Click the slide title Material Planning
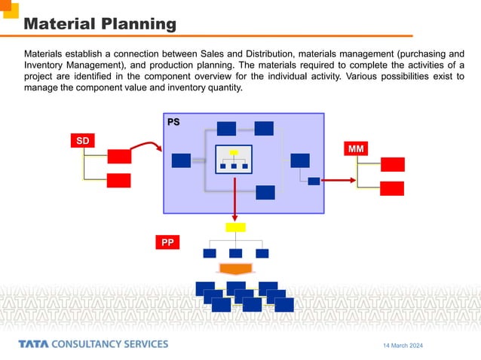click(x=100, y=24)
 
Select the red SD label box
click(x=82, y=141)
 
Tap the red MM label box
click(x=356, y=149)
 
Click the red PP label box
click(x=167, y=243)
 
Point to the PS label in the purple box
click(x=173, y=121)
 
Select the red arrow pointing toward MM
click(x=339, y=181)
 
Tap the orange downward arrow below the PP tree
click(x=235, y=268)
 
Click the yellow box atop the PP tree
click(x=235, y=227)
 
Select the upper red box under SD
click(x=119, y=156)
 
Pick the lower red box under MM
click(x=392, y=188)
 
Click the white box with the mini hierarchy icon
click(x=234, y=158)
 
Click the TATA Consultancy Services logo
click(x=93, y=344)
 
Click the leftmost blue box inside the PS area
click(x=181, y=160)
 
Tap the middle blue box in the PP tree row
click(x=235, y=253)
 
